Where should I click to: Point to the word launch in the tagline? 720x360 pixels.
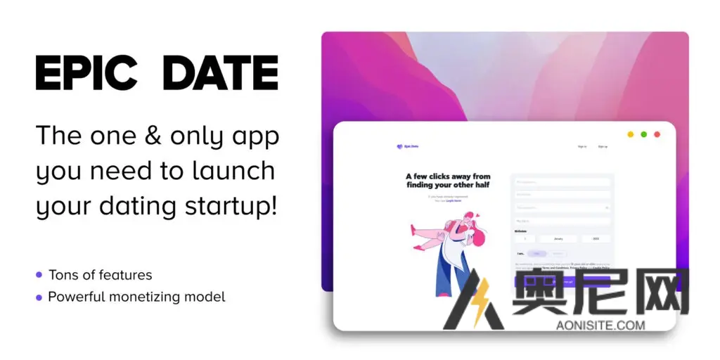coord(231,171)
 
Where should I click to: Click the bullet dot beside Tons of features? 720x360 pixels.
coord(38,275)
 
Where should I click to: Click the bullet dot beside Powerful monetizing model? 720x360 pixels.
coord(38,297)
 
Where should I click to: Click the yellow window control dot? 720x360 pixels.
coord(630,134)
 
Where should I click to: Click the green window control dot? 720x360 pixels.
coord(643,134)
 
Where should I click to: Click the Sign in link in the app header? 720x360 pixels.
coord(581,146)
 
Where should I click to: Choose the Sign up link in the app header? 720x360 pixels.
coord(603,146)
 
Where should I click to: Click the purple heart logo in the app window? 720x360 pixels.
coord(399,146)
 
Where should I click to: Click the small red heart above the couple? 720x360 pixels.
coord(477,215)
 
